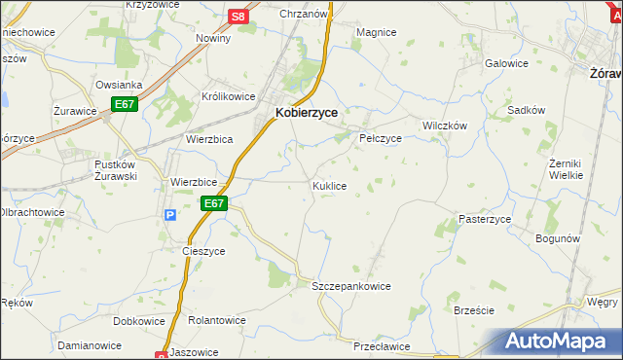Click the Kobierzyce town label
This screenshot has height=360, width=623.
(x=307, y=113)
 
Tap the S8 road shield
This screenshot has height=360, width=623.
(x=238, y=17)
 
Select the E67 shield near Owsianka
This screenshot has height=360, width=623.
(x=124, y=104)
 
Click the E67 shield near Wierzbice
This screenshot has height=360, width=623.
(x=215, y=203)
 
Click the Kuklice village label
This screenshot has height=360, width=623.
(x=329, y=185)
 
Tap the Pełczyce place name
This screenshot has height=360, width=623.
(x=381, y=138)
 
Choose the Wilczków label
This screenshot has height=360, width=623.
(x=445, y=126)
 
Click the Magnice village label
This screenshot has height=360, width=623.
(x=376, y=32)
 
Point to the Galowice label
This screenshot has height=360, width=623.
(x=506, y=63)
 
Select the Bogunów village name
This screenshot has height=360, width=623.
(x=558, y=238)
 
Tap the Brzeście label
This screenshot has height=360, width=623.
(x=474, y=309)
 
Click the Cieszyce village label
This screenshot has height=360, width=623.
(x=203, y=250)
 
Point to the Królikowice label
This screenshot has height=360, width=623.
(x=228, y=97)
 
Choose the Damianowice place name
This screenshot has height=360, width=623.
(x=89, y=345)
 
